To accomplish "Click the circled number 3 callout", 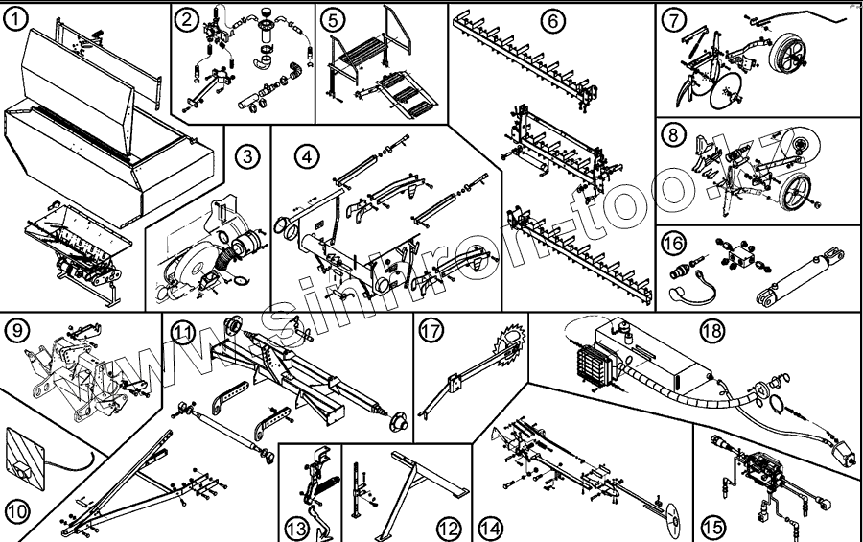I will [x=249, y=156].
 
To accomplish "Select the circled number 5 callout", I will [x=332, y=20].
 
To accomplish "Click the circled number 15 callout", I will [x=712, y=527].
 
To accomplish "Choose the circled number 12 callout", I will [x=447, y=527].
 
